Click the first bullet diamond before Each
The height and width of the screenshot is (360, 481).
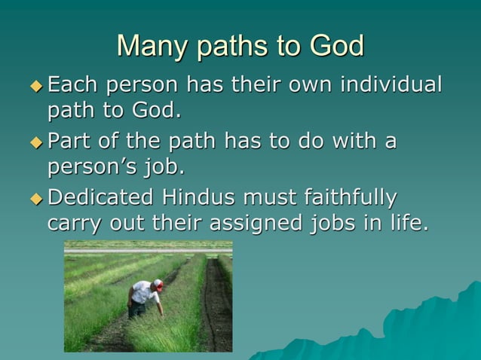[x=36, y=86]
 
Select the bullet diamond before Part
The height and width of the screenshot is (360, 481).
[x=36, y=142]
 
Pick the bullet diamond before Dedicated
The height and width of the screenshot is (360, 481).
[x=36, y=199]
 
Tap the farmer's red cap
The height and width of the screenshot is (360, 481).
[x=158, y=284]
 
